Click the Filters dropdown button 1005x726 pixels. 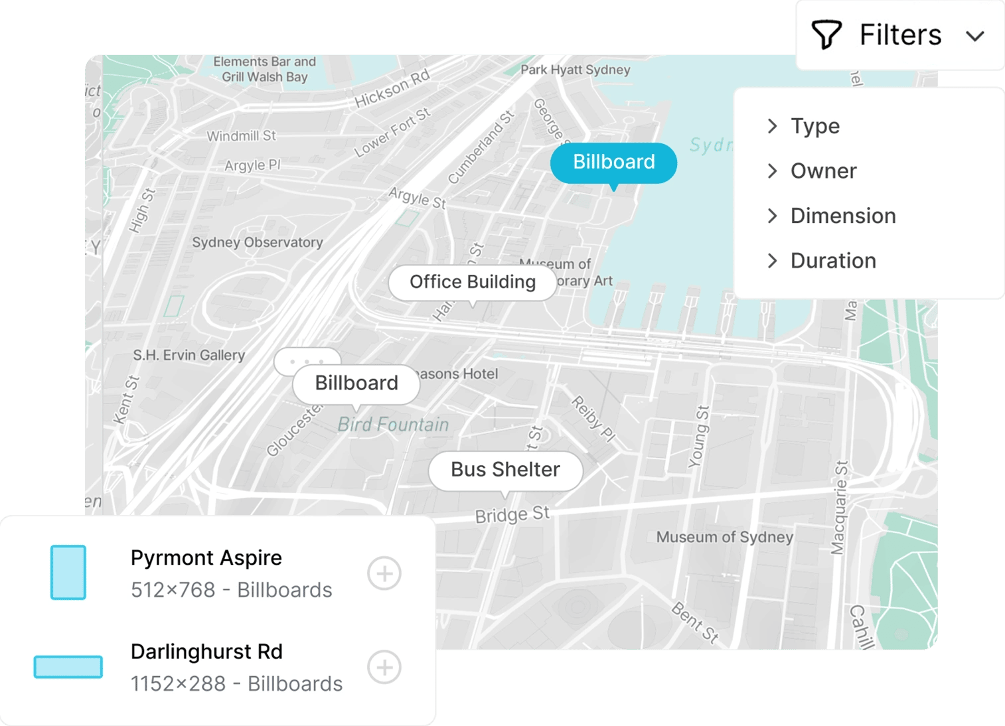coord(899,35)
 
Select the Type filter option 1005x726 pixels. coord(814,126)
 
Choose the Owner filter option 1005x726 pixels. coord(823,171)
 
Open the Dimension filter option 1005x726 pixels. coord(842,216)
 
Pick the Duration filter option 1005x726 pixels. coord(832,261)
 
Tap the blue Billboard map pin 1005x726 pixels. coord(613,163)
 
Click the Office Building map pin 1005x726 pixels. coord(472,282)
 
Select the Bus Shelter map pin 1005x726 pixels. coord(505,470)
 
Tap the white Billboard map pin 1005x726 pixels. coord(356,384)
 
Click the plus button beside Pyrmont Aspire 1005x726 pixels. coord(384,573)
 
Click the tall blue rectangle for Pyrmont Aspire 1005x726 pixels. coord(68,573)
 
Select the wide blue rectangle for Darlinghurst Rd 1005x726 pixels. coord(68,667)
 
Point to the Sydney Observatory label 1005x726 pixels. coord(258,243)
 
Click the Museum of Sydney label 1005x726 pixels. coord(724,537)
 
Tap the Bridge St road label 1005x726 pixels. coord(512,515)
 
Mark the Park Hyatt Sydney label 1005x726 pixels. coord(575,70)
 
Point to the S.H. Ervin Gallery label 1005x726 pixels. coord(189,356)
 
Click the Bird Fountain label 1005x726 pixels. coord(393,425)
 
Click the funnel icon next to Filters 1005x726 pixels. coord(826,35)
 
